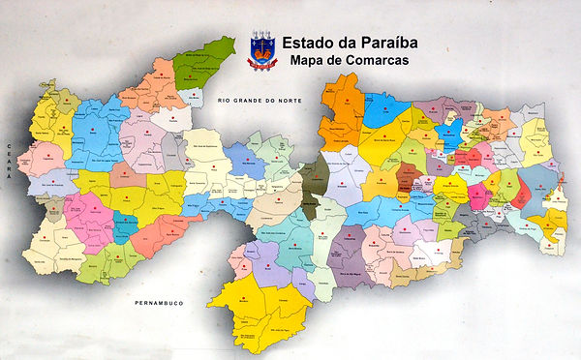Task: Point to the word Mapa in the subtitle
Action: pos(307,62)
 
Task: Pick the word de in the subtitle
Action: pos(335,62)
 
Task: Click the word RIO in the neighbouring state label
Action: pos(224,100)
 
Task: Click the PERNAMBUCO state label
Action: pos(157,303)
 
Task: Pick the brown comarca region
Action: pos(408,174)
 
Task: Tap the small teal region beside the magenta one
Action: pos(126,225)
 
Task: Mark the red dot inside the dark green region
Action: pos(215,56)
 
